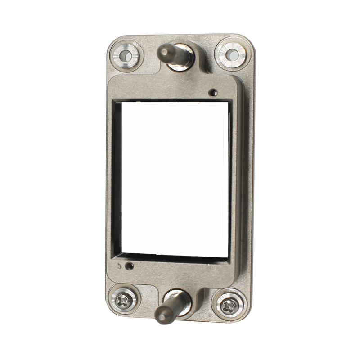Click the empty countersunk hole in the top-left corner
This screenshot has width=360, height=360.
(x=126, y=56)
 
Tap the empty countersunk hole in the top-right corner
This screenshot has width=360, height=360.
(x=232, y=55)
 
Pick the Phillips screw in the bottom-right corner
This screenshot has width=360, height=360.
(x=230, y=304)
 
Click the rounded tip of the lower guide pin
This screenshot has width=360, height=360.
(x=161, y=316)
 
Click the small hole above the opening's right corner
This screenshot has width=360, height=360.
(x=213, y=93)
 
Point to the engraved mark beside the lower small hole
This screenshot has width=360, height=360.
(x=119, y=265)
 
